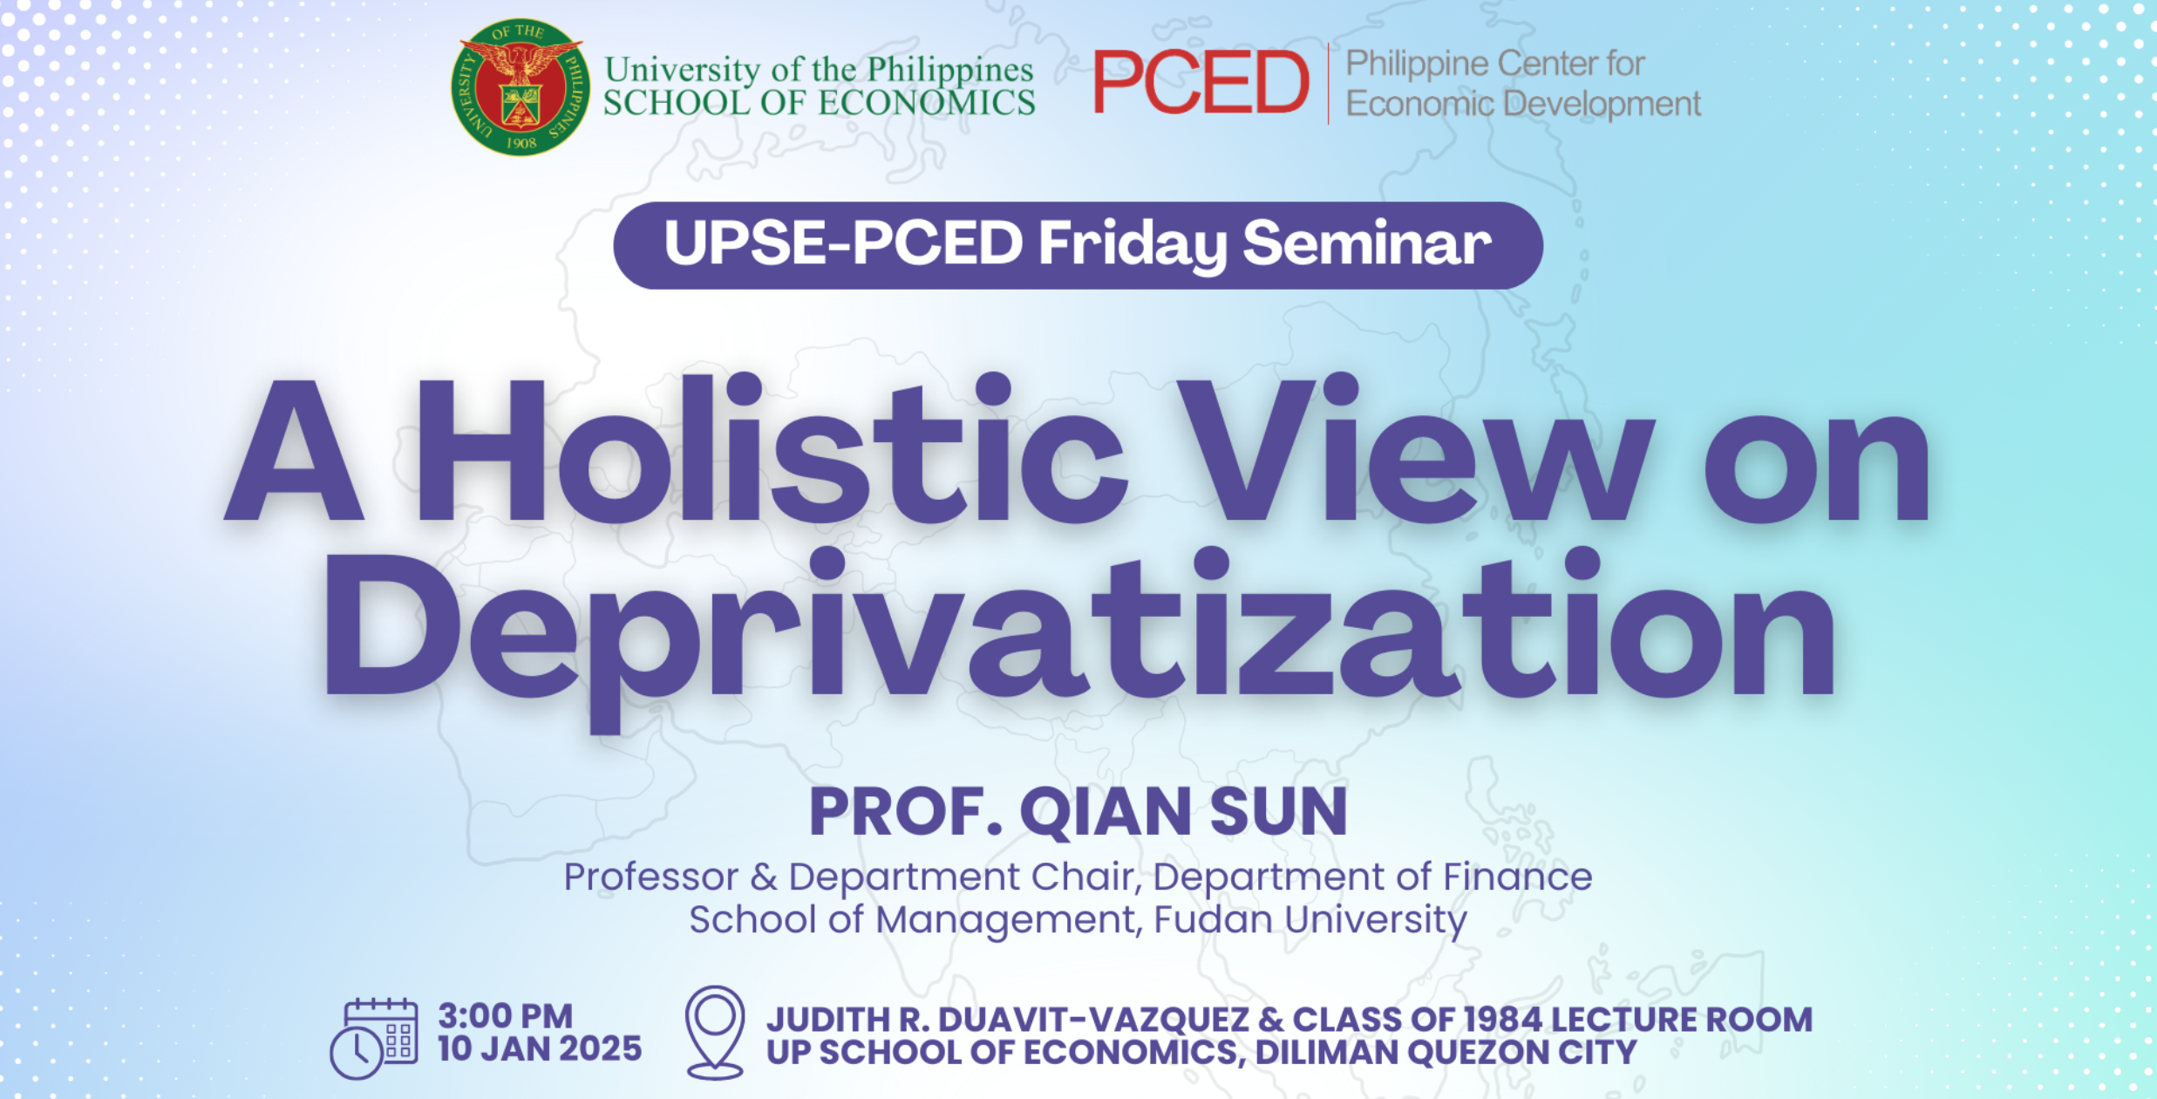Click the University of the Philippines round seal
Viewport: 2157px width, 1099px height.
[521, 87]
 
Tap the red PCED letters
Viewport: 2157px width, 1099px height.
[1201, 82]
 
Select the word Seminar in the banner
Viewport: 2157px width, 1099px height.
[1367, 242]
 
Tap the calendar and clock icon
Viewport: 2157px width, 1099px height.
[373, 1038]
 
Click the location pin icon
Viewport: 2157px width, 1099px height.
[715, 1033]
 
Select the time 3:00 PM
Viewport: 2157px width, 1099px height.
[505, 1016]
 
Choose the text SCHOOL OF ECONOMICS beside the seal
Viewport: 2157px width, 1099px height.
[820, 103]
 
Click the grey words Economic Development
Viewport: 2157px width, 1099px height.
[1523, 104]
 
